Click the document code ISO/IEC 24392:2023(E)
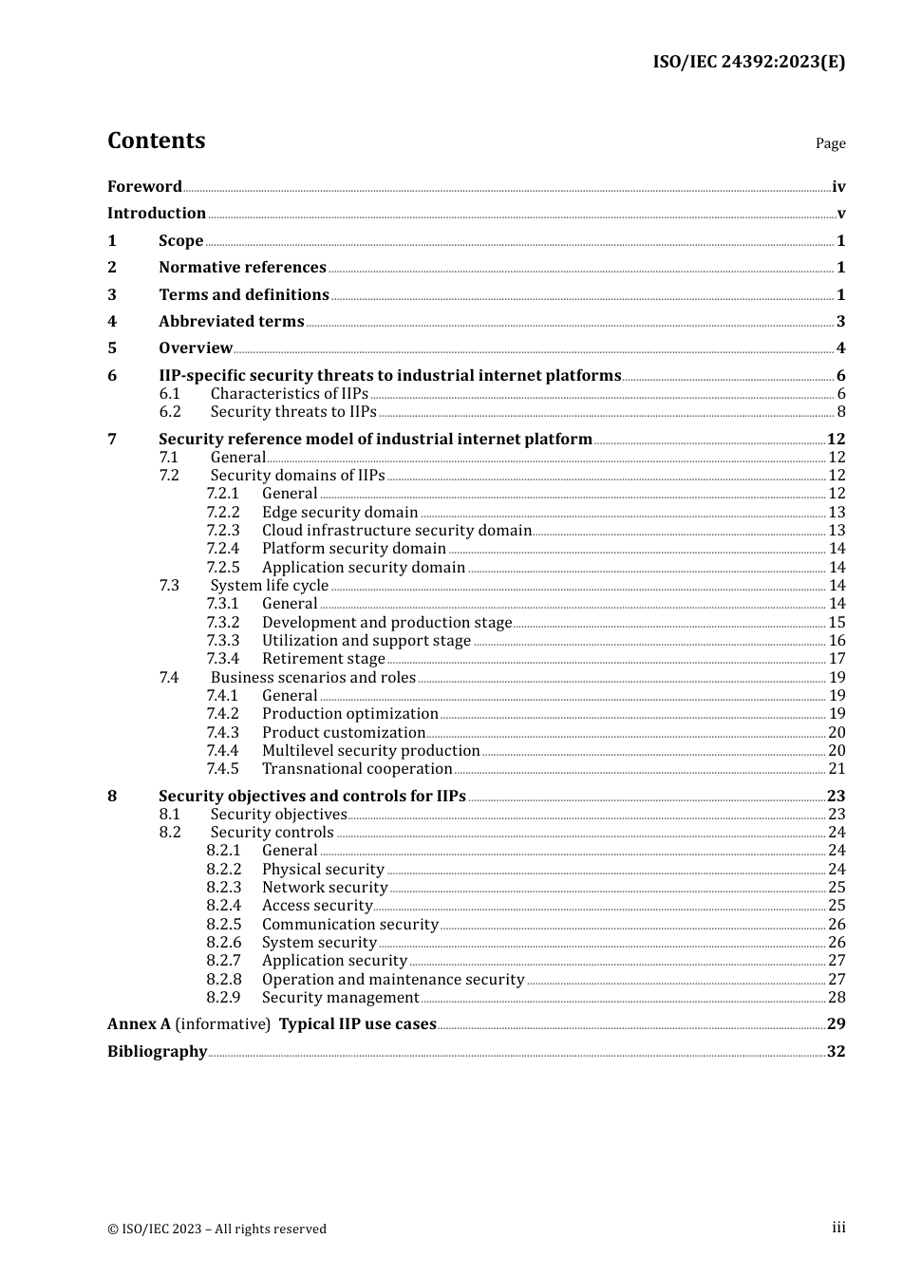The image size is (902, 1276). (x=748, y=62)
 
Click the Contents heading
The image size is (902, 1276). (x=156, y=141)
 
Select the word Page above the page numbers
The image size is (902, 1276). (x=830, y=143)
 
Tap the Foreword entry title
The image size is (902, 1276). (x=144, y=186)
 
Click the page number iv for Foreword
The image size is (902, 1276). (x=838, y=187)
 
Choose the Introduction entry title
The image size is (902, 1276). (x=156, y=213)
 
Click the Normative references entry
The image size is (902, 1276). (x=242, y=267)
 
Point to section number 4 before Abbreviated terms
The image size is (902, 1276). (x=112, y=321)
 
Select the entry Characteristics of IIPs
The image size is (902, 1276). (x=289, y=393)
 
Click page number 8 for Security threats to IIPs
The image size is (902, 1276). (x=840, y=411)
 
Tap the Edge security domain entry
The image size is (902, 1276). (x=340, y=512)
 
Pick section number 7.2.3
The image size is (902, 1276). (x=223, y=530)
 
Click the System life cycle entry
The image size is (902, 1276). (x=269, y=585)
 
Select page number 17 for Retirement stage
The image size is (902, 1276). (x=836, y=658)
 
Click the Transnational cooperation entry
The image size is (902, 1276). (x=357, y=768)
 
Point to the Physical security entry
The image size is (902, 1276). (x=323, y=869)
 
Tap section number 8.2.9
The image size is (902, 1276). (x=223, y=997)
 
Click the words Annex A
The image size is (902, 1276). (x=139, y=1023)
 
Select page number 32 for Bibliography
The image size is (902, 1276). (x=836, y=1051)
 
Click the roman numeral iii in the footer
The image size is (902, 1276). (x=838, y=1228)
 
